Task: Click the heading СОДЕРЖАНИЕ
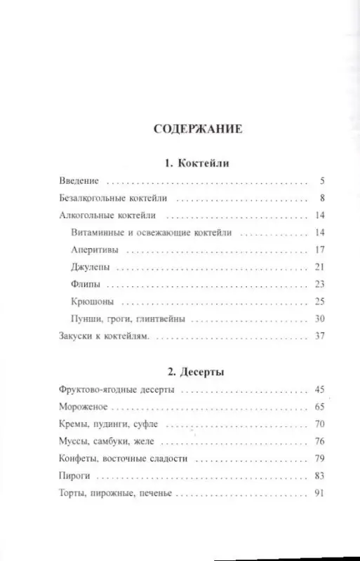[x=183, y=130]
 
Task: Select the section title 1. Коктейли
[x=183, y=163]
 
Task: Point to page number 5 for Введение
[x=320, y=181]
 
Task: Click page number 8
[x=320, y=198]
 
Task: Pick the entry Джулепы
[x=91, y=267]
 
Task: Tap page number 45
[x=318, y=388]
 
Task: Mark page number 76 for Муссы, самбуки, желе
[x=318, y=442]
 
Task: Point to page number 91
[x=318, y=494]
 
